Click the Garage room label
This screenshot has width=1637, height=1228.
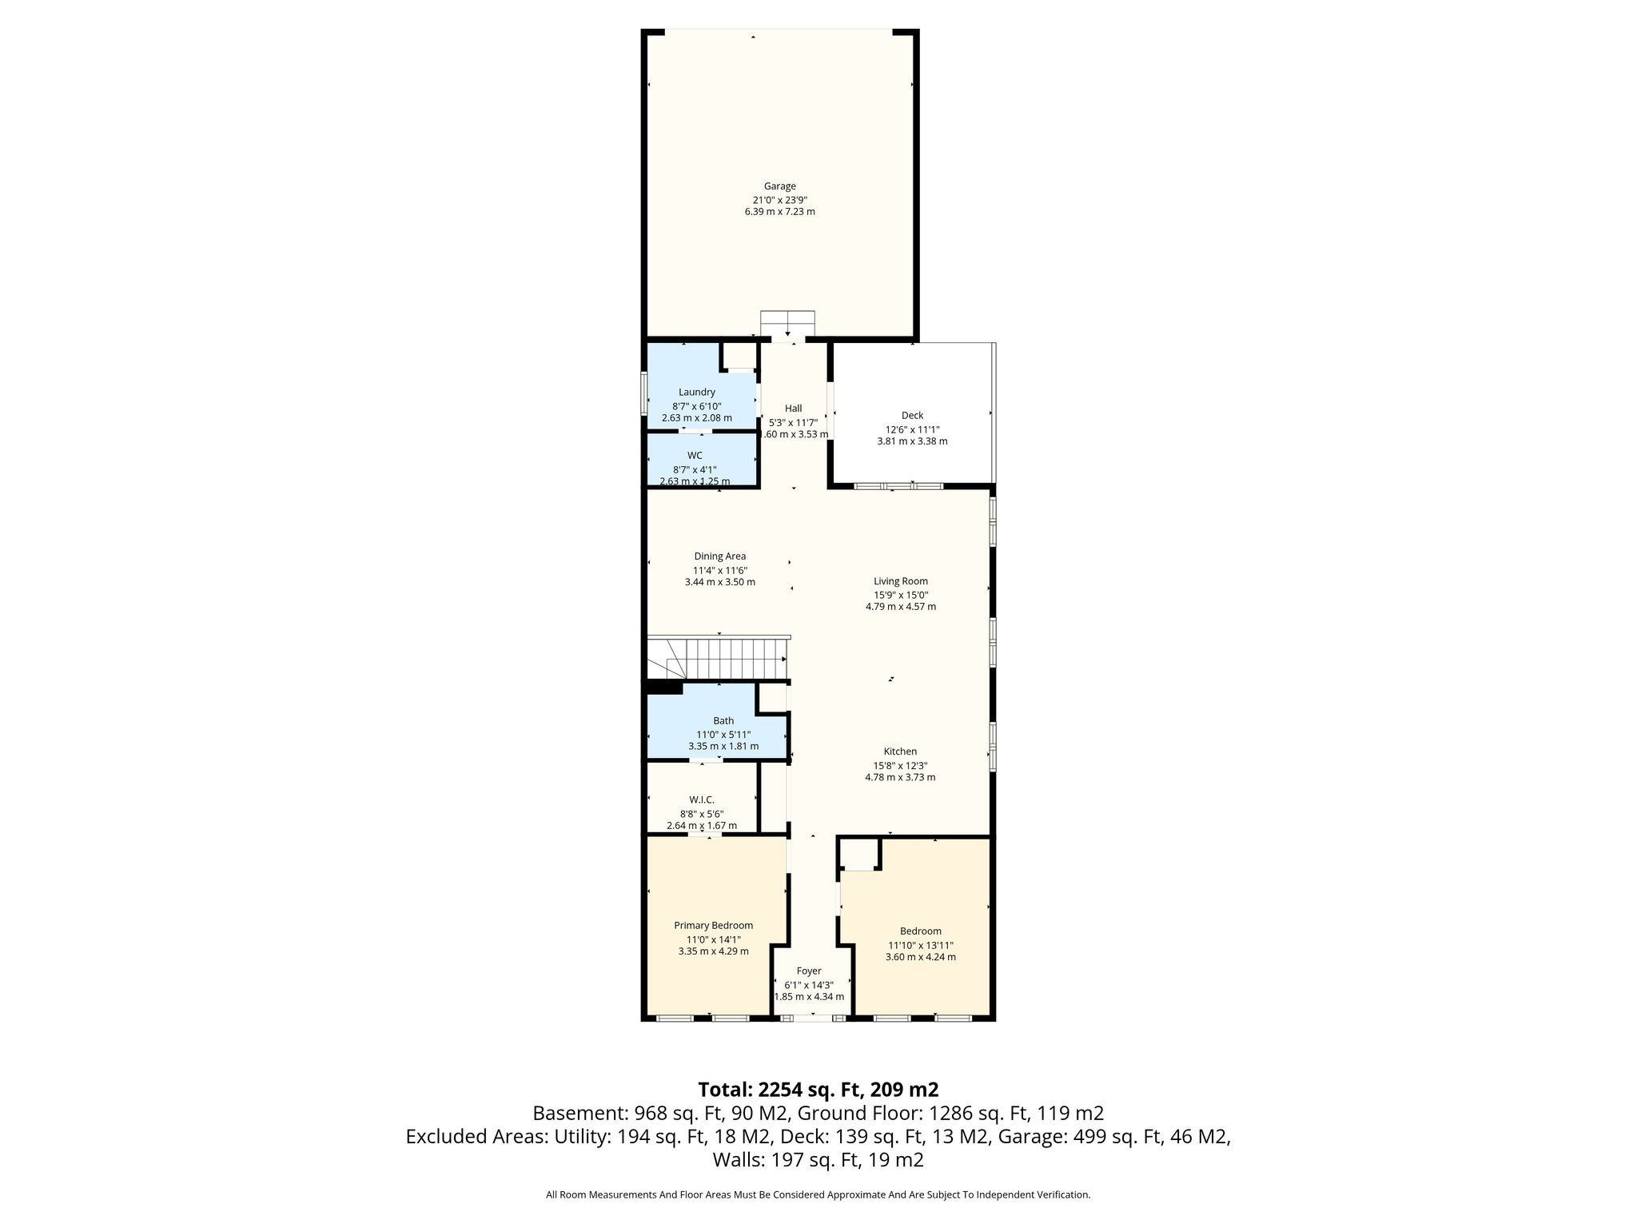pos(779,186)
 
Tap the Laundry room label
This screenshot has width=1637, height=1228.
pos(697,392)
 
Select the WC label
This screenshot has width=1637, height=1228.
pos(695,456)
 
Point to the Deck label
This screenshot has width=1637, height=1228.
pos(912,415)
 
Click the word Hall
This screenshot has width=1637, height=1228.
pos(793,408)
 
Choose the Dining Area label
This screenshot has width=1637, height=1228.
pos(719,556)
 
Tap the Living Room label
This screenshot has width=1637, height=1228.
pos(901,581)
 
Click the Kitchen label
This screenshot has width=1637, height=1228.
pos(900,752)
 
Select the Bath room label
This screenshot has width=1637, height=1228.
pos(723,720)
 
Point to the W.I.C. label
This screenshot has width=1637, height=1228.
pos(702,799)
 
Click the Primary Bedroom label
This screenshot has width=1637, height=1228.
pos(713,926)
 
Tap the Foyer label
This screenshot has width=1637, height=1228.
pos(809,971)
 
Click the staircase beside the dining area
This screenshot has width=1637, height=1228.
pos(718,657)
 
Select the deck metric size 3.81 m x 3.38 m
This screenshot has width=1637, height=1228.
pos(912,441)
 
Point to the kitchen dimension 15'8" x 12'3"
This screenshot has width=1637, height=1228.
pos(900,765)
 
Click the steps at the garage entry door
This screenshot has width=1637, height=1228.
pos(787,324)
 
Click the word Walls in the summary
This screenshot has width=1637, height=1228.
pos(739,1160)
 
